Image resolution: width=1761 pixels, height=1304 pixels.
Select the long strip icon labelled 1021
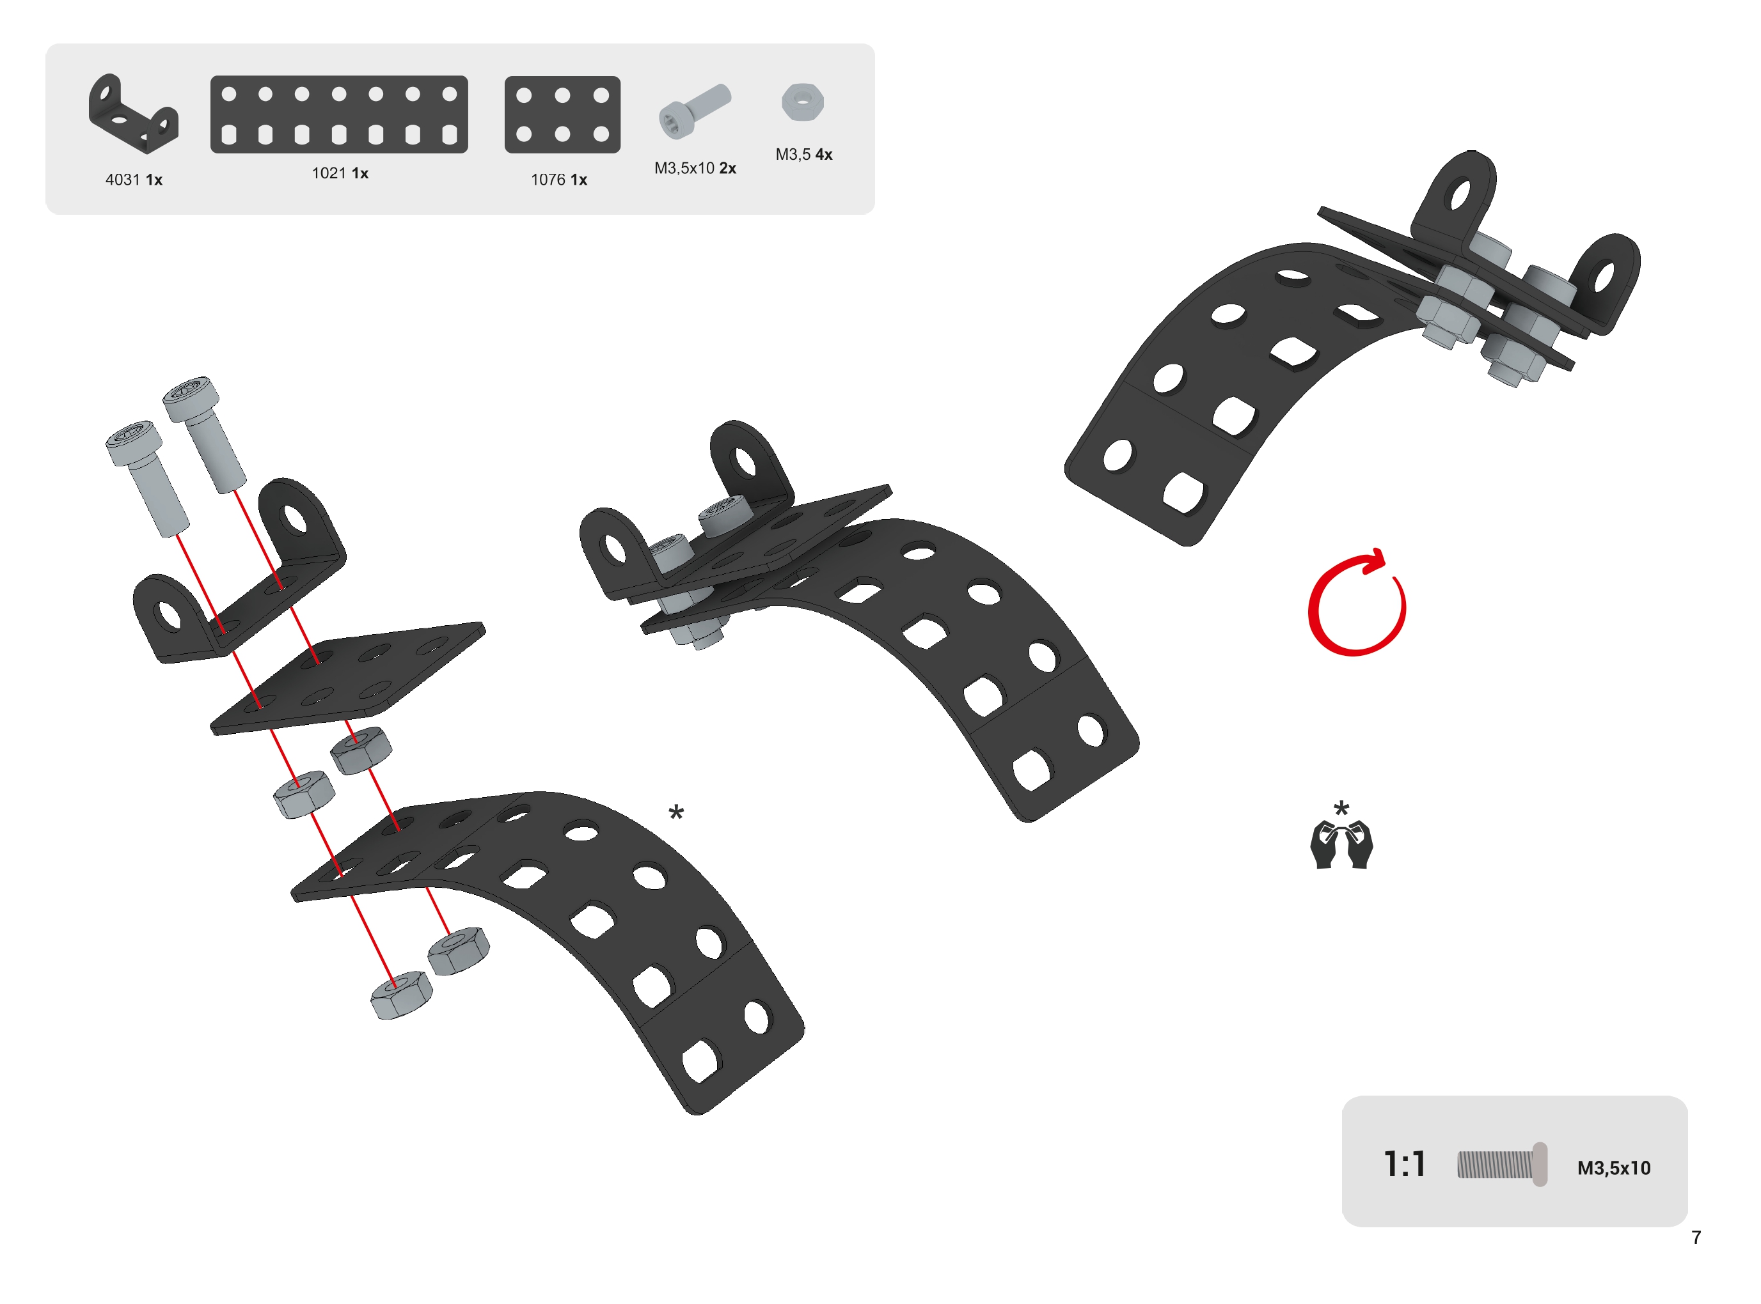click(339, 114)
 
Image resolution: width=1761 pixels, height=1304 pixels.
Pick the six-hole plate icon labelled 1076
click(562, 114)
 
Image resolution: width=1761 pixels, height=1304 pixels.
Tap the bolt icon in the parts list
click(695, 111)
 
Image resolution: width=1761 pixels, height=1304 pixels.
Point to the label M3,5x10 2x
click(695, 168)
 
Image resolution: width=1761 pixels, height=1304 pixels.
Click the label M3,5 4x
click(804, 155)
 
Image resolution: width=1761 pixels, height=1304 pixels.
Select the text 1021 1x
click(340, 173)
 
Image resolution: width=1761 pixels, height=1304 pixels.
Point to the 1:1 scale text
click(1405, 1164)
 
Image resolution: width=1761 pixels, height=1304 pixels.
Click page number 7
click(1696, 1238)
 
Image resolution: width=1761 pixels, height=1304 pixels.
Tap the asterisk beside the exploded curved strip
click(676, 812)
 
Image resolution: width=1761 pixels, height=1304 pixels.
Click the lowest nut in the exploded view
click(402, 995)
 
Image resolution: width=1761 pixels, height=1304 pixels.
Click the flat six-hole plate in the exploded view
click(347, 679)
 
